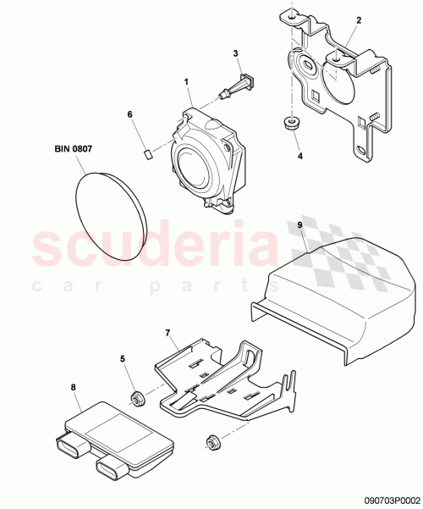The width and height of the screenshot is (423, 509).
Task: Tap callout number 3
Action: click(236, 53)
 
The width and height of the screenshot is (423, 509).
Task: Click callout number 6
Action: click(129, 113)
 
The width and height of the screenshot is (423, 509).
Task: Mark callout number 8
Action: click(74, 387)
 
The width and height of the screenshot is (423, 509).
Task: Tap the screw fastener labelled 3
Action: click(238, 87)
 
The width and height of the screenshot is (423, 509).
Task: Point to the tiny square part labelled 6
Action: click(146, 153)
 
